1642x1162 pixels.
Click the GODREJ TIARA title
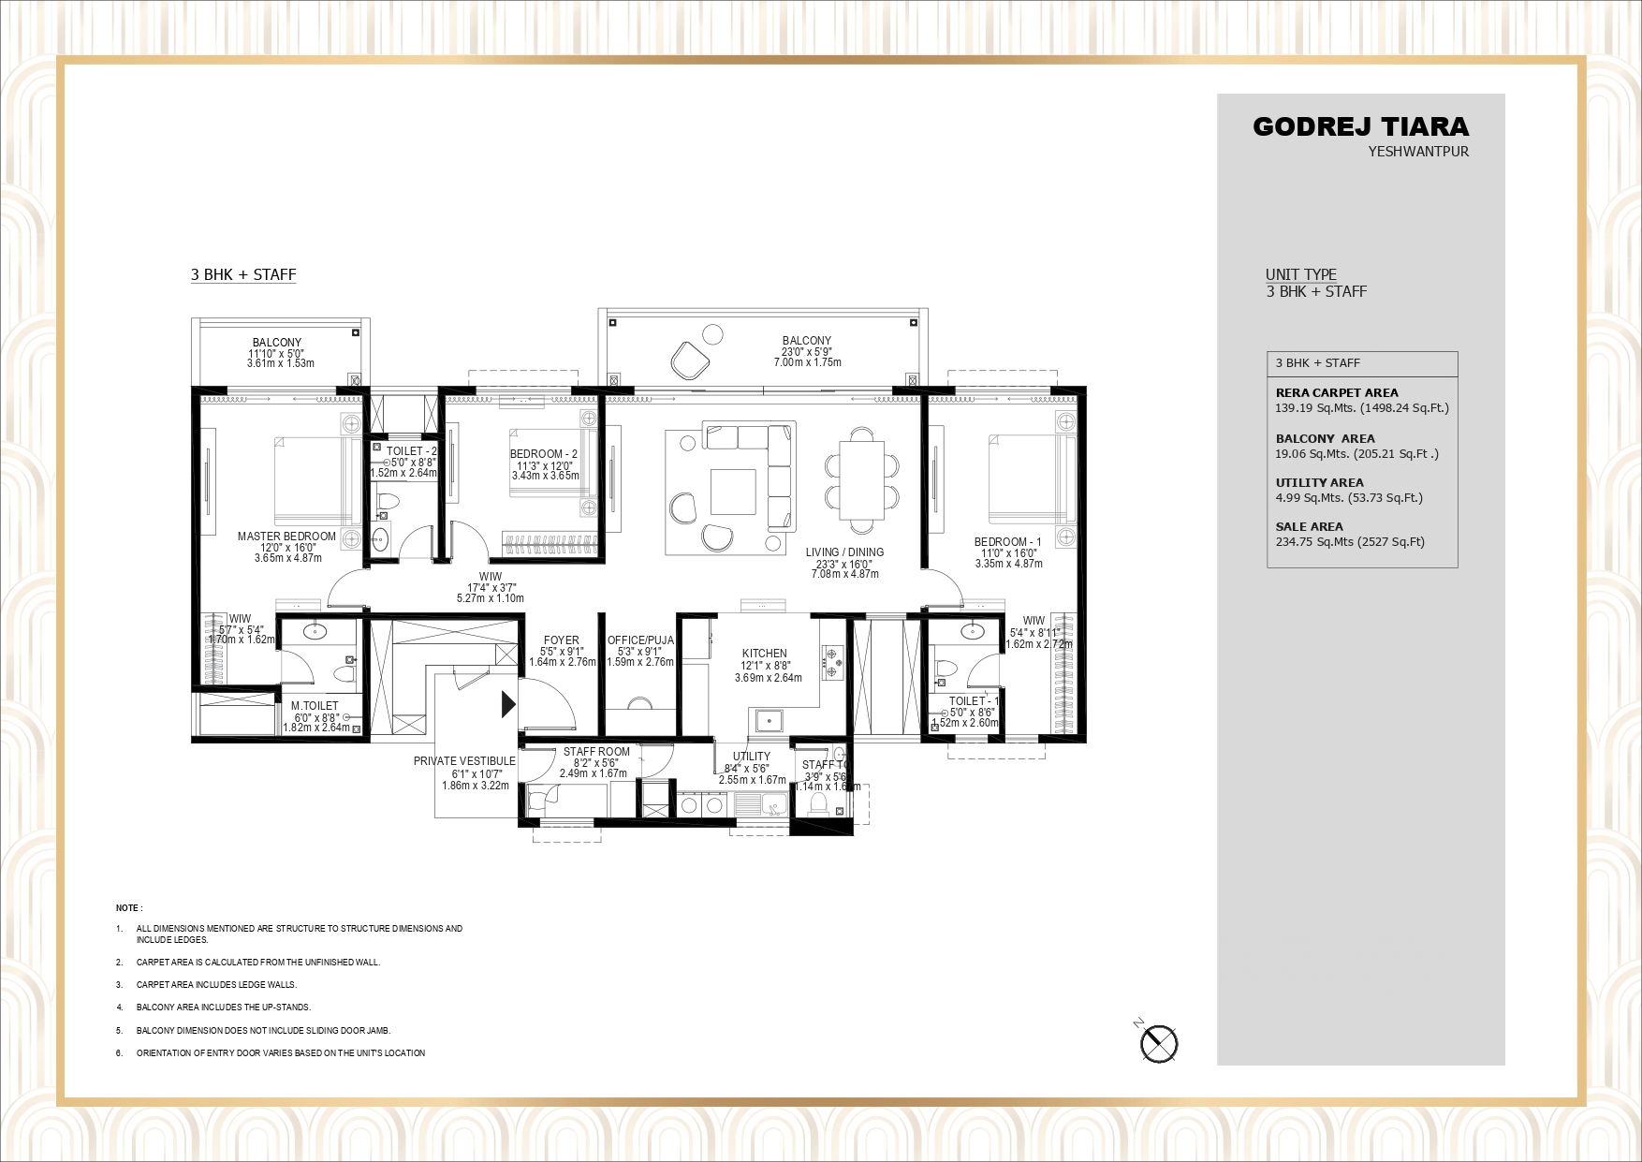(x=1360, y=126)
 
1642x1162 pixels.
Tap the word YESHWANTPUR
(x=1418, y=152)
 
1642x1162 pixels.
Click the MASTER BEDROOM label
(x=286, y=537)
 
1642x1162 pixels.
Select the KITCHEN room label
(x=765, y=654)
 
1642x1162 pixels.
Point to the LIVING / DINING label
(x=844, y=552)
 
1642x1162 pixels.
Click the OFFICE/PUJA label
(x=640, y=640)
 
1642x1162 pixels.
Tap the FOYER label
(x=562, y=640)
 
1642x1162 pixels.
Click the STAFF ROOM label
(x=596, y=752)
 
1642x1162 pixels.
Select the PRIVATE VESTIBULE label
(x=464, y=761)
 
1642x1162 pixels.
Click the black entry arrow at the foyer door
(x=508, y=704)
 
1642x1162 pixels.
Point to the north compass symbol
(x=1159, y=1043)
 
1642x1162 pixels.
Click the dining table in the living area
(x=862, y=479)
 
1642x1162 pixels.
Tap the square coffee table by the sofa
(x=733, y=492)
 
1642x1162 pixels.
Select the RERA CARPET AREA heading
(x=1337, y=393)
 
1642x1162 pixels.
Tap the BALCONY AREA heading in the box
(x=1325, y=438)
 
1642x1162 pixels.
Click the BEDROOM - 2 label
(x=544, y=454)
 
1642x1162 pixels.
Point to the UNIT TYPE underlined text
(x=1300, y=274)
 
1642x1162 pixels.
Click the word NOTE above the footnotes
(x=128, y=908)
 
